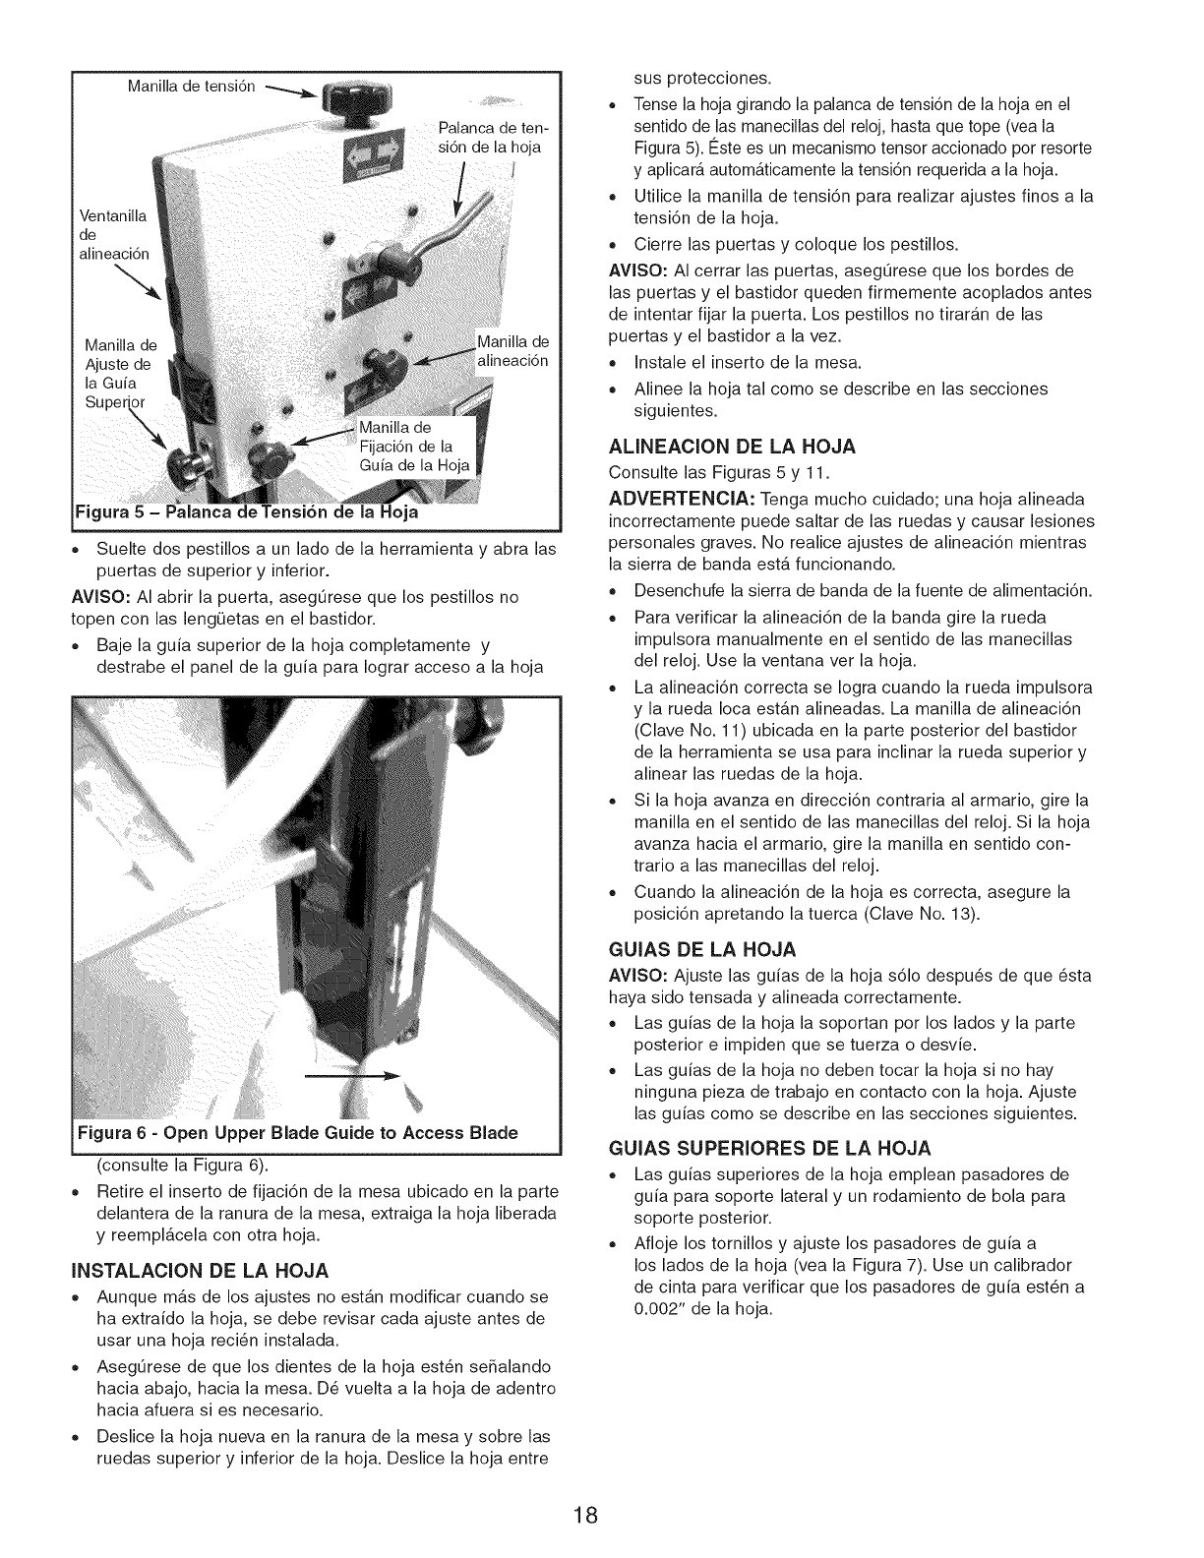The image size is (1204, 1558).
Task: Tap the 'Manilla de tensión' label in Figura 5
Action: coord(192,86)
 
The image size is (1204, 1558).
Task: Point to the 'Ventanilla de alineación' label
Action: coord(114,234)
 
